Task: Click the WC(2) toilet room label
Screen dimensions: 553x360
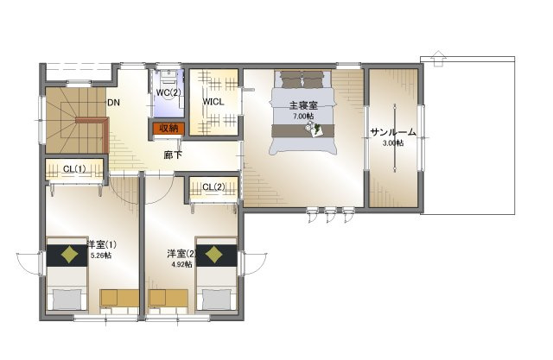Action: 168,92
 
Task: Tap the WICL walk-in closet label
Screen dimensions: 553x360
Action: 213,102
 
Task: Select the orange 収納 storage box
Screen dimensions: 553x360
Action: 168,129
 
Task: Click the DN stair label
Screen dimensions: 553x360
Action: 113,103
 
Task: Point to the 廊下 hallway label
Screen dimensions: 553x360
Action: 173,155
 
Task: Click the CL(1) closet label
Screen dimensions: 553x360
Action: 74,169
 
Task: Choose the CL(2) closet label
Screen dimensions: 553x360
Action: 213,187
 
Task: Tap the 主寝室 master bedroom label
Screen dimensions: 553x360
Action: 303,105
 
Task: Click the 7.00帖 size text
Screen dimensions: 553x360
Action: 303,116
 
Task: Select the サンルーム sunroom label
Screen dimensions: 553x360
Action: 393,132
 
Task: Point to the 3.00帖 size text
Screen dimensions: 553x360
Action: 393,143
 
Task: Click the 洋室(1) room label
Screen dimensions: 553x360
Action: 102,244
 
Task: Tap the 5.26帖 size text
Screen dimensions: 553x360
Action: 101,256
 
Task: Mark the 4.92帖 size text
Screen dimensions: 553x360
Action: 182,264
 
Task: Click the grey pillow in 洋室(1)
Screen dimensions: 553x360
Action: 67,300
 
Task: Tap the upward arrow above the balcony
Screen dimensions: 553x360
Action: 438,59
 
